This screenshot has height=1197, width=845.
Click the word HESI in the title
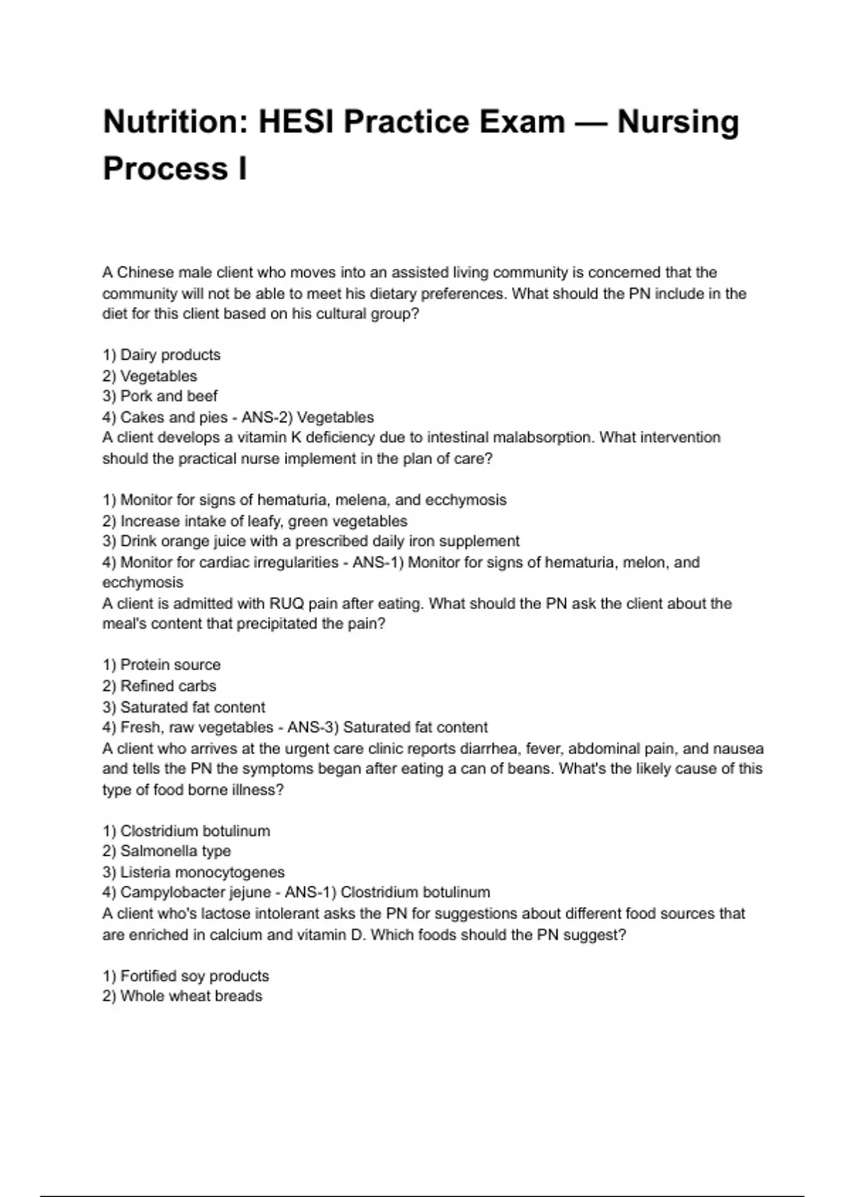(x=296, y=122)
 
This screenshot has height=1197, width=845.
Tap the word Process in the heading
(x=165, y=169)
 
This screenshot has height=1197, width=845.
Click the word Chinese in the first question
(x=145, y=272)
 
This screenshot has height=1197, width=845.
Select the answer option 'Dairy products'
(x=170, y=355)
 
